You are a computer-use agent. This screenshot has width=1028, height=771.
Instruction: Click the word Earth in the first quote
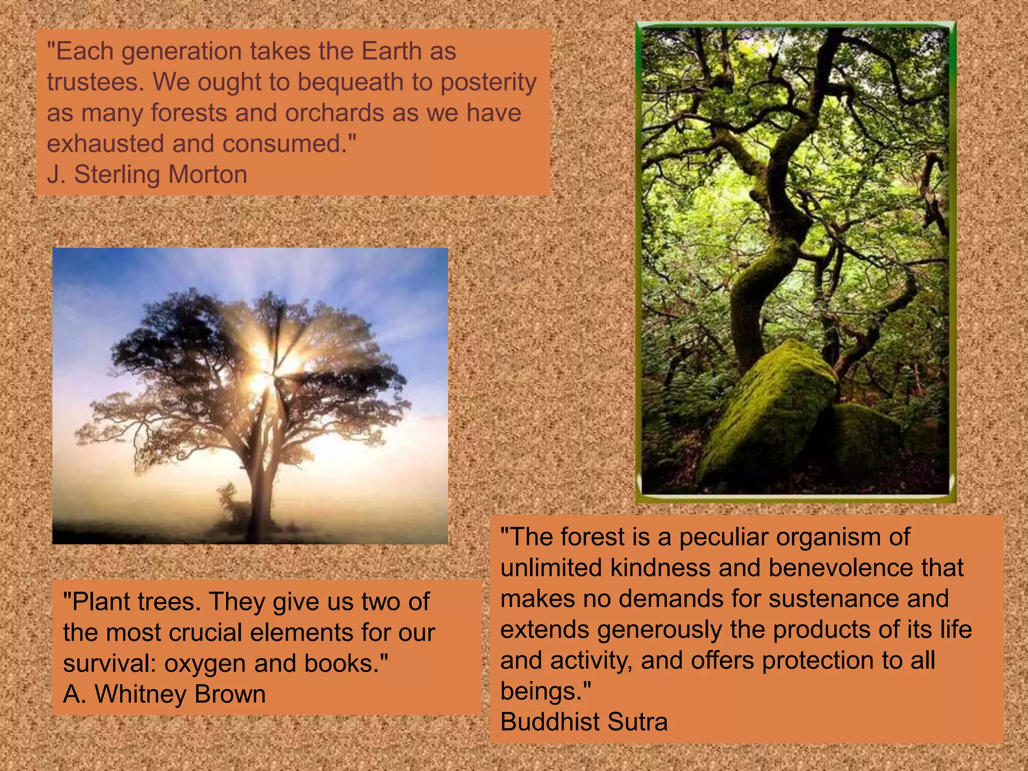392,51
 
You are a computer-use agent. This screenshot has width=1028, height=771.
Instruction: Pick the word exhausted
106,144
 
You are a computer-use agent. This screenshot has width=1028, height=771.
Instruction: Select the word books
346,664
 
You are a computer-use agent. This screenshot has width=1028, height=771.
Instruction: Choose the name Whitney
141,694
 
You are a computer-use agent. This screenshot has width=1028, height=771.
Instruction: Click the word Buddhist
550,722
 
